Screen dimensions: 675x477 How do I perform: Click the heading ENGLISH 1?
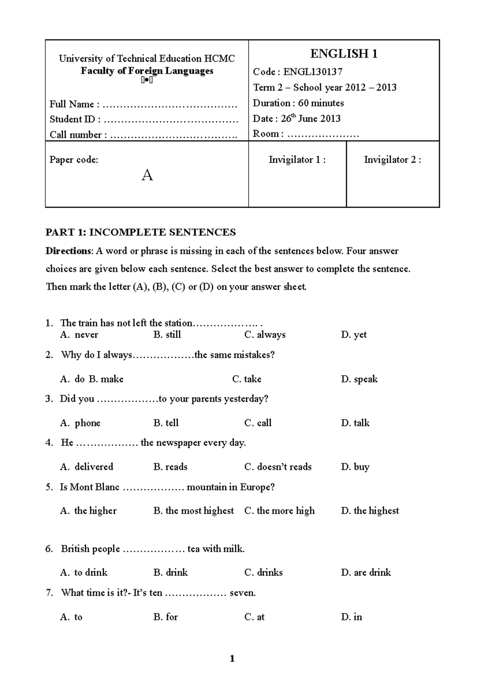pyautogui.click(x=344, y=54)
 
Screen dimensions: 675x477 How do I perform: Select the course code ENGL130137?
pyautogui.click(x=312, y=72)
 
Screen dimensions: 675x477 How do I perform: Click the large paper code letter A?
pyautogui.click(x=147, y=175)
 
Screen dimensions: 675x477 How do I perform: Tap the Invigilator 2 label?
pyautogui.click(x=392, y=160)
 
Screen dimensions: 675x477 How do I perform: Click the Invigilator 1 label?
pyautogui.click(x=297, y=160)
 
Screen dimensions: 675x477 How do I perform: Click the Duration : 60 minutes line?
pyautogui.click(x=298, y=103)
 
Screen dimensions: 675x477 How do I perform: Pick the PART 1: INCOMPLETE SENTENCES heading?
pyautogui.click(x=141, y=233)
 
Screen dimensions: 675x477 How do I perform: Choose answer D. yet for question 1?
pyautogui.click(x=353, y=335)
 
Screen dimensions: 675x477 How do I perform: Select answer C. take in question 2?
pyautogui.click(x=246, y=379)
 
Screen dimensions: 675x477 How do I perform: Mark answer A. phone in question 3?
pyautogui.click(x=80, y=423)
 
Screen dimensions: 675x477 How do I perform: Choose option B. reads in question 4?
pyautogui.click(x=170, y=467)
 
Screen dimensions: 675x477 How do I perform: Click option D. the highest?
pyautogui.click(x=370, y=511)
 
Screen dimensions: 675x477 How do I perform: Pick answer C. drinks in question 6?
pyautogui.click(x=263, y=572)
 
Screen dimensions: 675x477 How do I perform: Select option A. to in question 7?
pyautogui.click(x=72, y=617)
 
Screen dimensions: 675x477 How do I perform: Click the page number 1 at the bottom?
pyautogui.click(x=232, y=659)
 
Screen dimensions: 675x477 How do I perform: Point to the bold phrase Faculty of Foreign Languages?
pyautogui.click(x=147, y=71)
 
